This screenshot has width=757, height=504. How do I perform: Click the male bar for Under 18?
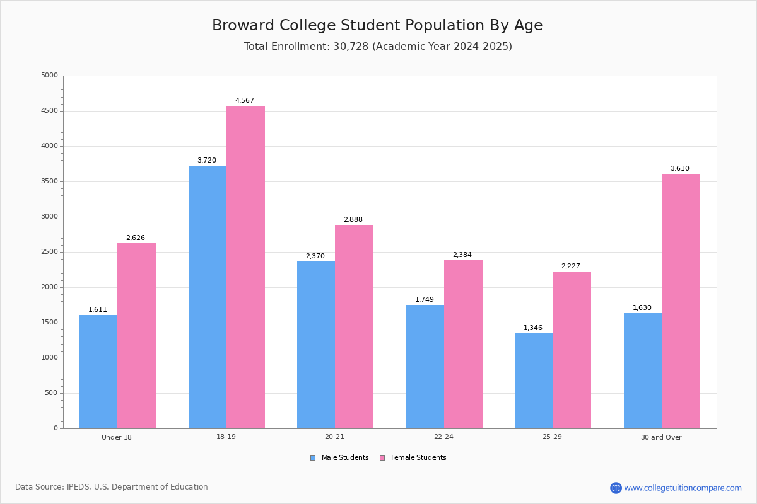tap(98, 372)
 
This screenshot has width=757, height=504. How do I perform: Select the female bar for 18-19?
tap(245, 267)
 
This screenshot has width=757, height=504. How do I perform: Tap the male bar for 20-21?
tap(316, 345)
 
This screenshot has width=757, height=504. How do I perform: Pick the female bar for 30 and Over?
tap(681, 301)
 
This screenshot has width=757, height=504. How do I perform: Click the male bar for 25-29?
tap(534, 381)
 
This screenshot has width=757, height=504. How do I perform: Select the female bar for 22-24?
tap(463, 345)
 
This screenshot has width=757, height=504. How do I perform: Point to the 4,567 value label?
tap(245, 100)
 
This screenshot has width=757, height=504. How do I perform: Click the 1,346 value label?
tap(533, 328)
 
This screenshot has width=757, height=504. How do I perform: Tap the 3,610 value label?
tap(680, 168)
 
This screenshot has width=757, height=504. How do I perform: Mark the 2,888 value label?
tap(353, 219)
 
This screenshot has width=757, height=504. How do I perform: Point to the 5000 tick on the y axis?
tap(49, 75)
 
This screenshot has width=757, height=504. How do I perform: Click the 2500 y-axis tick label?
tap(49, 252)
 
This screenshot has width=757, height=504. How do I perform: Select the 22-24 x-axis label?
tap(443, 437)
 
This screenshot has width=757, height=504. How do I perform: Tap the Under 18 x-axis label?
tap(117, 437)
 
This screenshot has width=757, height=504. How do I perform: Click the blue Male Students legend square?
tap(313, 458)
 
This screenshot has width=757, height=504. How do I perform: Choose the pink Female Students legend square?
tap(382, 458)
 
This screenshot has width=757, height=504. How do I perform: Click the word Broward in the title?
tap(243, 25)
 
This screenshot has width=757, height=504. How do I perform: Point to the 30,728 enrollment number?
tap(351, 46)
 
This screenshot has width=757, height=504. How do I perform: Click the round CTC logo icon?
tap(616, 488)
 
